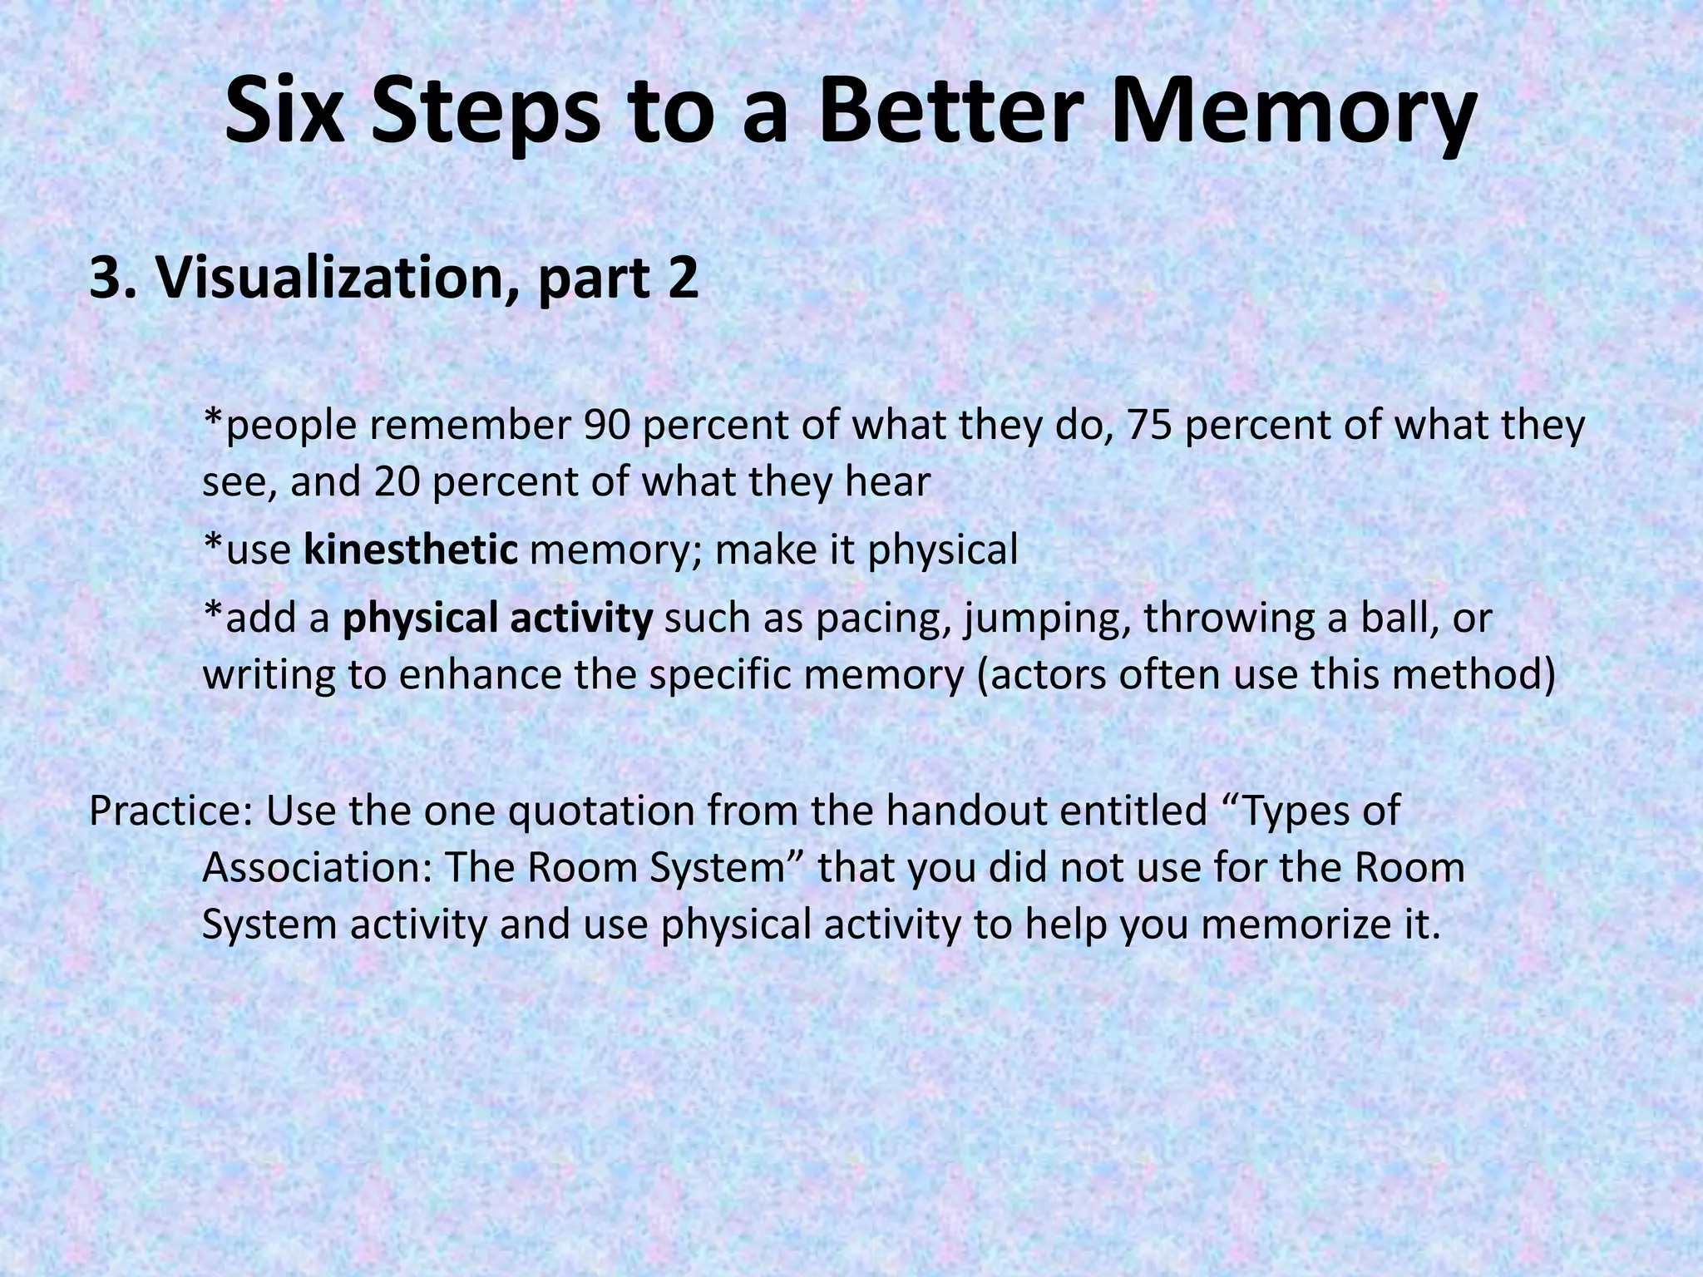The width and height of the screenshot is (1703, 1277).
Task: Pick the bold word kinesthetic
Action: coord(411,550)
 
